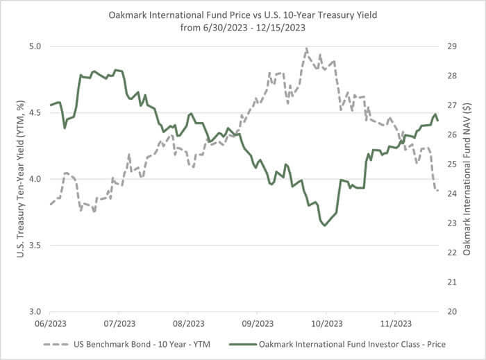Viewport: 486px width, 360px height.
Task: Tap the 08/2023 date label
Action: [x=188, y=324]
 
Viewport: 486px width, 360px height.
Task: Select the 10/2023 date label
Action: [x=324, y=324]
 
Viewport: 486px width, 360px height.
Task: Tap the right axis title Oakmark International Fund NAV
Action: [x=467, y=179]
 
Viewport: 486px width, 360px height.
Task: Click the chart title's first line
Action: [x=243, y=14]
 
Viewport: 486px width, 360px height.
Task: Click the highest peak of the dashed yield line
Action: [x=306, y=49]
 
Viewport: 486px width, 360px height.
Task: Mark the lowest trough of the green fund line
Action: [x=324, y=225]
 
